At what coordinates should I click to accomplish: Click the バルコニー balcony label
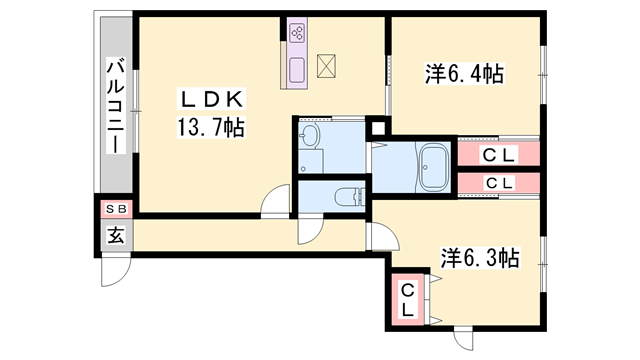116,106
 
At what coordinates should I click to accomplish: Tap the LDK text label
206,99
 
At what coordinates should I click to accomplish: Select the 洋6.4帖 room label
463,73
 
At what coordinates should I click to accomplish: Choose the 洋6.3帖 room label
479,257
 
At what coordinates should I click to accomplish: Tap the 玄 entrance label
116,237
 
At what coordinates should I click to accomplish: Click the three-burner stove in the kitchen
298,33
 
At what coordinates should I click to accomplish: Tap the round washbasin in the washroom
310,137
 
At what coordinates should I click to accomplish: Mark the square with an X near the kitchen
328,67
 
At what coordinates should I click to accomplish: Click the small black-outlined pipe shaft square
377,126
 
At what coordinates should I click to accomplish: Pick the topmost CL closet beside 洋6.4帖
498,155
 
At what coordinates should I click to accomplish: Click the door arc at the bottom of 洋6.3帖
467,336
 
